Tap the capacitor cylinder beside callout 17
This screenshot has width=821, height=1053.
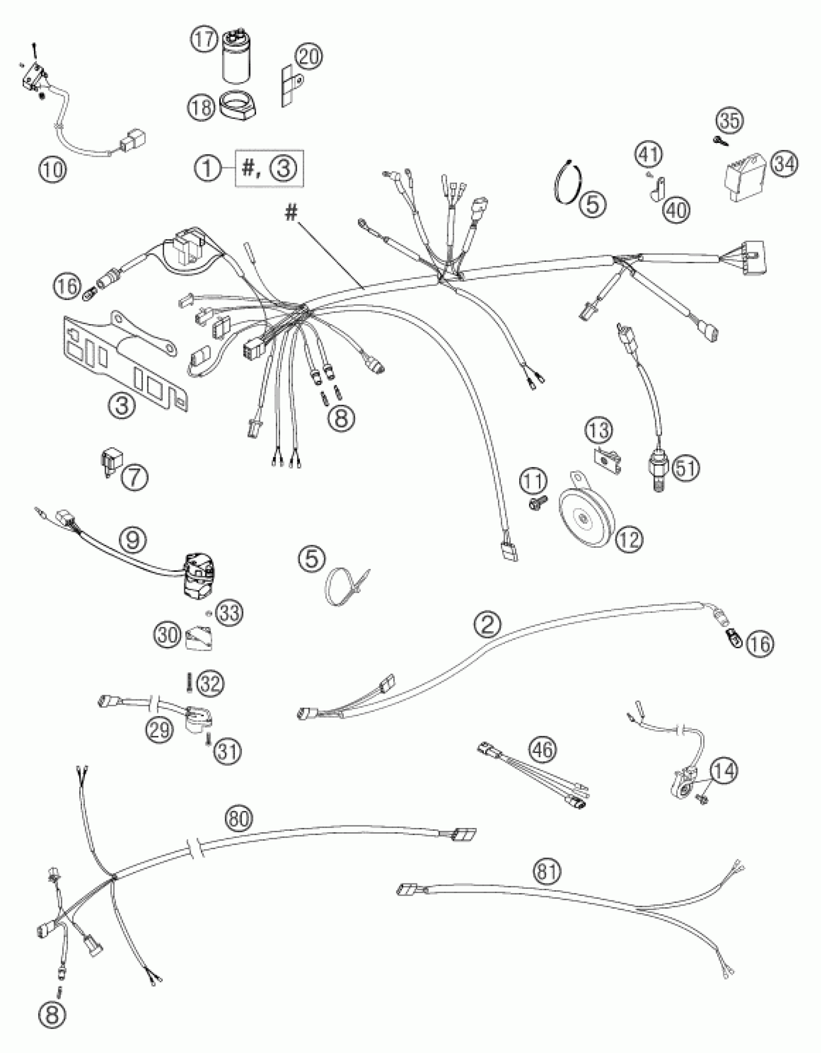pyautogui.click(x=236, y=57)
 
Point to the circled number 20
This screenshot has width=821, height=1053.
pyautogui.click(x=309, y=57)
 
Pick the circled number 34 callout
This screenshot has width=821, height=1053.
pyautogui.click(x=784, y=165)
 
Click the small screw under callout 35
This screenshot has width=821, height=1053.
pyautogui.click(x=718, y=141)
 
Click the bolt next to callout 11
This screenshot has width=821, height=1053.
pyautogui.click(x=538, y=504)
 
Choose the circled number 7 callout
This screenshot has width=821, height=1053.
pyautogui.click(x=135, y=478)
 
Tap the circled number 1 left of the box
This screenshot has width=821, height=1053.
pyautogui.click(x=207, y=169)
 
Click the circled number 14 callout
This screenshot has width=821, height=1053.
pyautogui.click(x=723, y=771)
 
